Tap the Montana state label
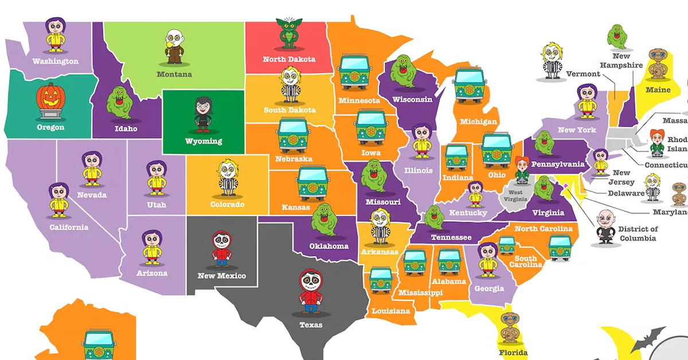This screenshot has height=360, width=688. [174, 74]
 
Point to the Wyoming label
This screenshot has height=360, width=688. [204, 141]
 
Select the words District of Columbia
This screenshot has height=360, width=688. [637, 234]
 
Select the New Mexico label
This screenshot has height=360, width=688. [221, 276]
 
